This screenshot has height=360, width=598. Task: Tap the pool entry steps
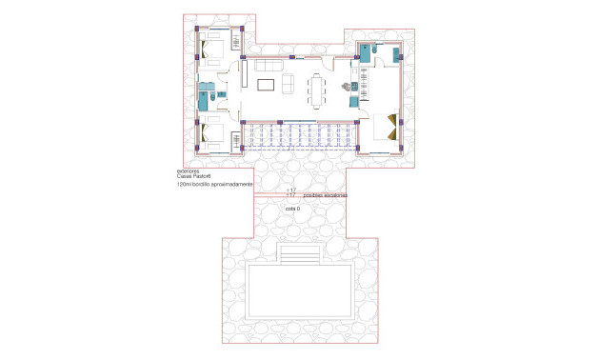point(299,255)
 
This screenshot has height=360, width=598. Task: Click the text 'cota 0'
point(292,208)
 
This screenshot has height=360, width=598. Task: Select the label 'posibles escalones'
point(325,194)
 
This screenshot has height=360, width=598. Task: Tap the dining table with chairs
point(316,90)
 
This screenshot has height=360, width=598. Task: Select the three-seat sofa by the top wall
point(269,65)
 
